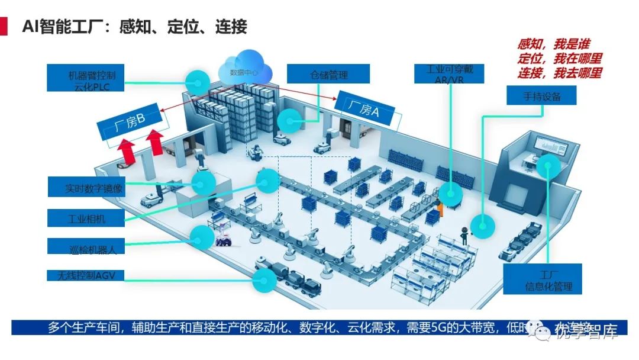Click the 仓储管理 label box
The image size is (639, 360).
click(328, 74)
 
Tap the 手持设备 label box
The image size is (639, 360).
click(541, 96)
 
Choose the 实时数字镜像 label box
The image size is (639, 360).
click(87, 188)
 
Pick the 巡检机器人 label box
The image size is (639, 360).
click(86, 245)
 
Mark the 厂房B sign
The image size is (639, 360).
click(130, 126)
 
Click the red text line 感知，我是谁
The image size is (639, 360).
click(553, 44)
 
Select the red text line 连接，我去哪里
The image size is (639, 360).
click(559, 73)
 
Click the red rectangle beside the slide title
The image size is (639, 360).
click(4, 27)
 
